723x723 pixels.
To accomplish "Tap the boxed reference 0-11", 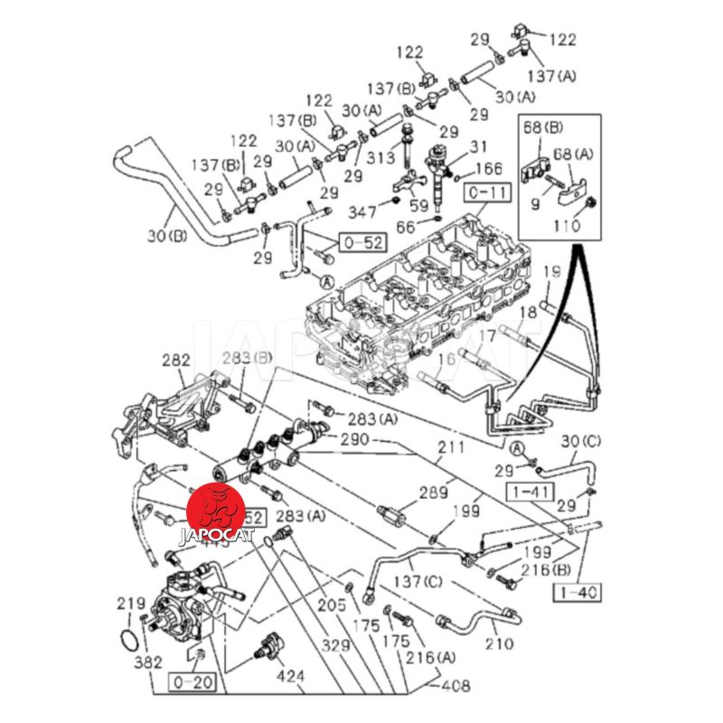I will (487, 192).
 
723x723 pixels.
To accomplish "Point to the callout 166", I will (488, 168).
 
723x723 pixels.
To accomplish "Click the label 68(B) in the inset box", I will (542, 128).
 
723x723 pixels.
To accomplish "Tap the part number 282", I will (175, 361).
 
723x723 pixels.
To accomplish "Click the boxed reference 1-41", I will (527, 493).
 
